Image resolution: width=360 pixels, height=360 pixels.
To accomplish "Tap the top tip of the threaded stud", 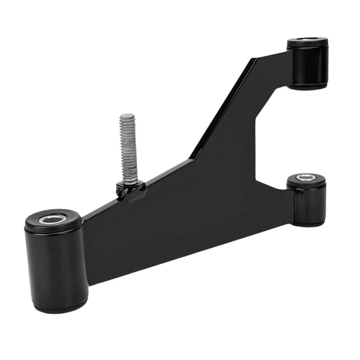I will (127, 116).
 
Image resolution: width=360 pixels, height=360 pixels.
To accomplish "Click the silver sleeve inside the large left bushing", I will (53, 220).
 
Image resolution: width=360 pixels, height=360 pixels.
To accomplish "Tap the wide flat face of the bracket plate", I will (176, 218).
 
